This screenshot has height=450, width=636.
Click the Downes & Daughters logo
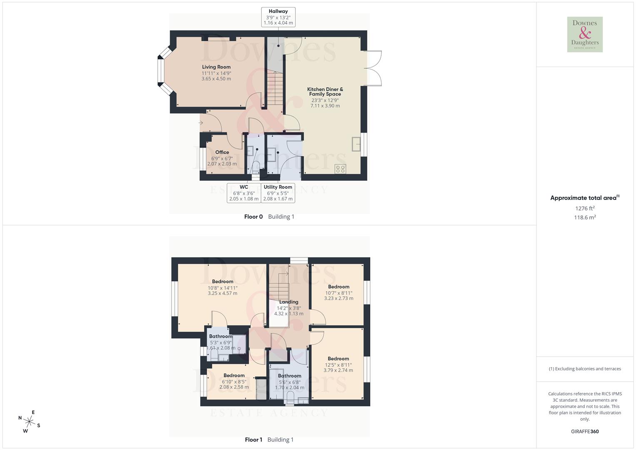585,35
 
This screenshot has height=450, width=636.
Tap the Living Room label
216,67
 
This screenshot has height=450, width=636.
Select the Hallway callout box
278,17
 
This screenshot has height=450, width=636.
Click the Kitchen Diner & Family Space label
325,92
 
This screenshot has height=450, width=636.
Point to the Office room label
222,152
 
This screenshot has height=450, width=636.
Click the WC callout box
244,193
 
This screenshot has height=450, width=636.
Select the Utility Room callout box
278,193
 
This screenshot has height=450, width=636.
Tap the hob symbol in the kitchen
340,169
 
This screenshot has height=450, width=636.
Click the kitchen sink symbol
357,144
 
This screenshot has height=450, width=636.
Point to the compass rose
30,422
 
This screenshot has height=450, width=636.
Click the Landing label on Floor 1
289,302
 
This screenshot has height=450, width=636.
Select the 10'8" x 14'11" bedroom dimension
222,287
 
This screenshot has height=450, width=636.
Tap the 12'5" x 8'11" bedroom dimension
338,365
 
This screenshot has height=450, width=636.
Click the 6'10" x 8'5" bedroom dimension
234,381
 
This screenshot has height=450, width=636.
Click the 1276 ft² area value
585,208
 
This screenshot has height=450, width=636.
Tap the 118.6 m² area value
585,217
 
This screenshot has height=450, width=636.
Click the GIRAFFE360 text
585,432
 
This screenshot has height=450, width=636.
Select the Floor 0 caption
253,217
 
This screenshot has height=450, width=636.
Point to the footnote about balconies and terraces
585,369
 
